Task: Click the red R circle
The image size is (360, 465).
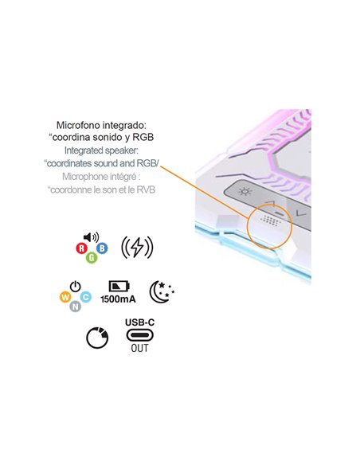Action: [81, 248]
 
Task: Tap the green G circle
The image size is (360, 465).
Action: [92, 257]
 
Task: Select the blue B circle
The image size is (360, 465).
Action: [102, 248]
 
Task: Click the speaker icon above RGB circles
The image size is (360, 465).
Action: [91, 237]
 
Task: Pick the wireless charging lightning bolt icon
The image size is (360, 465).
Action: [137, 248]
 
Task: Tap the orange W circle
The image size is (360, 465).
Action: [65, 297]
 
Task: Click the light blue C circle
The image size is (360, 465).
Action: [86, 296]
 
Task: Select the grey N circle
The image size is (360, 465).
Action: [76, 306]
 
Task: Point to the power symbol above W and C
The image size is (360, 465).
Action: [76, 286]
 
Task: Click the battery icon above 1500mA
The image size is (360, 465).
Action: [119, 286]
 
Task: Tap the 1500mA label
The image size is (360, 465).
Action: [119, 299]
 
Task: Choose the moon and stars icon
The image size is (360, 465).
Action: [162, 291]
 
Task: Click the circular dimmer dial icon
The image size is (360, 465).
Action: [97, 338]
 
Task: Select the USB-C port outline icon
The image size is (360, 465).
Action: [139, 335]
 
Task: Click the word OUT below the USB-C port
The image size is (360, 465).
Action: [139, 348]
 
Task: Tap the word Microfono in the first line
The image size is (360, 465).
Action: [78, 125]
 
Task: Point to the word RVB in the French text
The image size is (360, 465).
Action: [146, 190]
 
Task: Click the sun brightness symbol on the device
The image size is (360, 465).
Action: [245, 192]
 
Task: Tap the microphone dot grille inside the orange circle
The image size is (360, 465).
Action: [270, 221]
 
